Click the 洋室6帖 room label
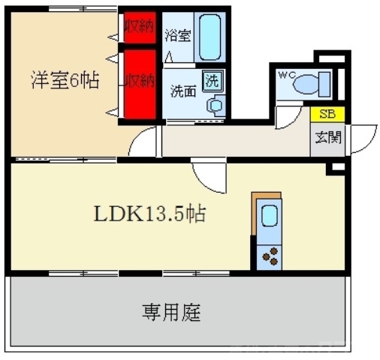click(66, 79)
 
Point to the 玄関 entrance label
click(327, 137)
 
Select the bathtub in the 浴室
click(210, 37)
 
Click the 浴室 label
click(178, 34)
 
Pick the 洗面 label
click(182, 93)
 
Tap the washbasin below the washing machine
click(215, 105)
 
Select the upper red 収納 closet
click(140, 28)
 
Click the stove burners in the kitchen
click(268, 256)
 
